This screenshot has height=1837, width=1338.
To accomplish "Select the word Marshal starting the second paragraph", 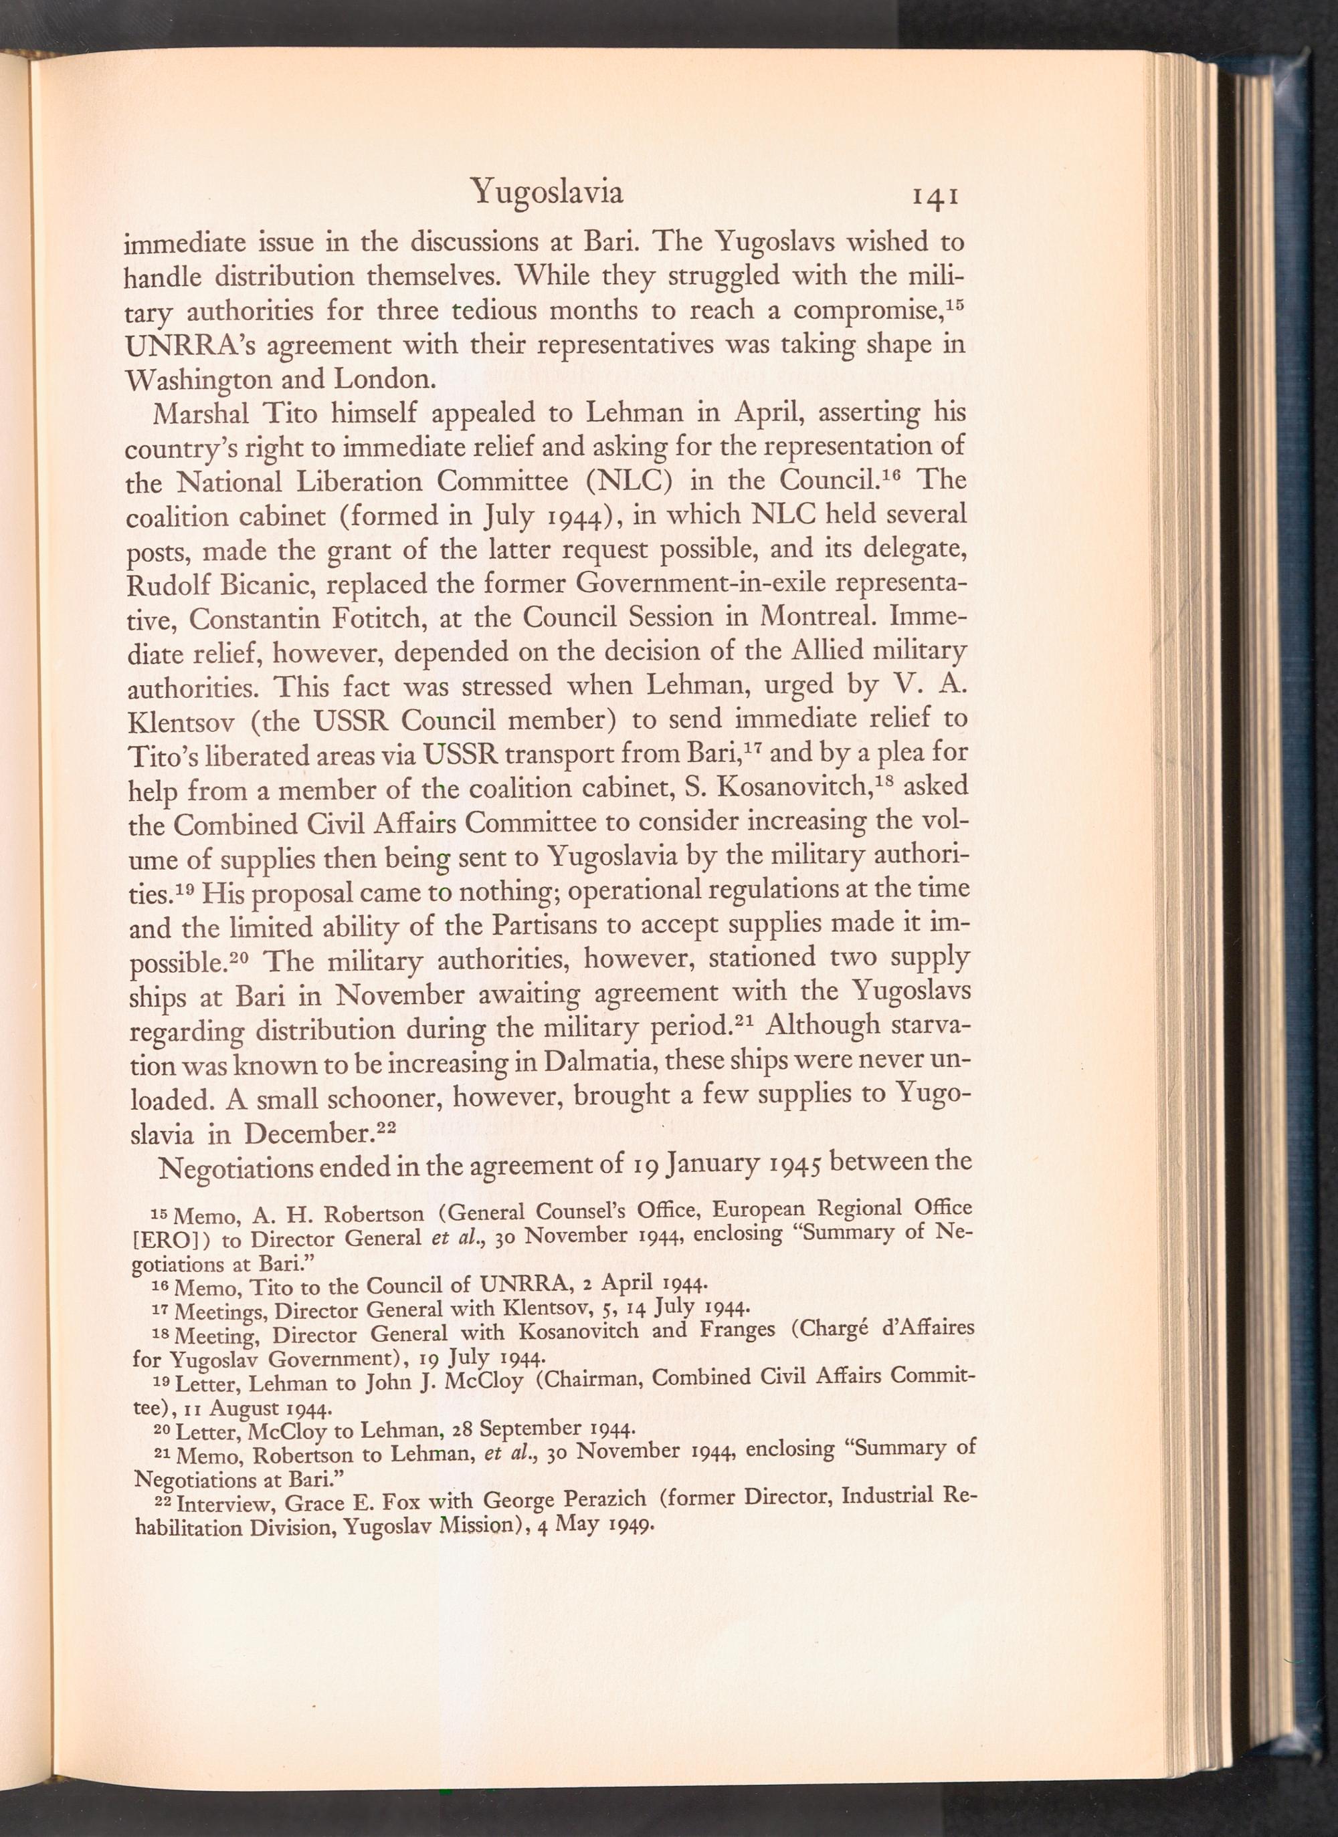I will click(194, 414).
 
